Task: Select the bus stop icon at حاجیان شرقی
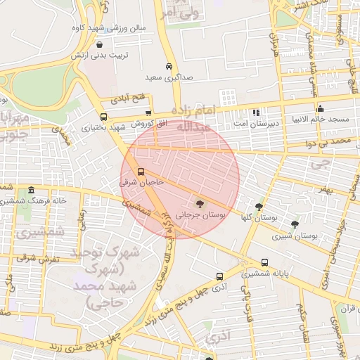(x=141, y=172)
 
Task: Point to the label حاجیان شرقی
(x=141, y=183)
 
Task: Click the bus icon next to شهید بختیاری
(x=104, y=117)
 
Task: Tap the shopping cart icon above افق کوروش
(x=148, y=112)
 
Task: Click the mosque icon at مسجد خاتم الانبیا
(x=321, y=108)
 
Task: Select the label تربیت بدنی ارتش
(x=105, y=54)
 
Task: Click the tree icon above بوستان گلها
(x=259, y=206)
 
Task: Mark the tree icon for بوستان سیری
(x=295, y=224)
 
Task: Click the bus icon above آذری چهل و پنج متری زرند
(x=220, y=276)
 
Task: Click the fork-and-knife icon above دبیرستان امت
(x=256, y=112)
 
